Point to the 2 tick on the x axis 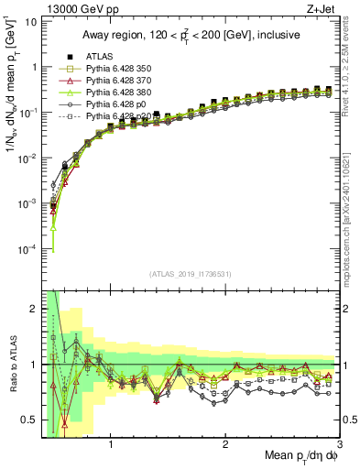(x=225, y=446)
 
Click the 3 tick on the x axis (x=338, y=446)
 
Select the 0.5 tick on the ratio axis (x=27, y=420)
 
